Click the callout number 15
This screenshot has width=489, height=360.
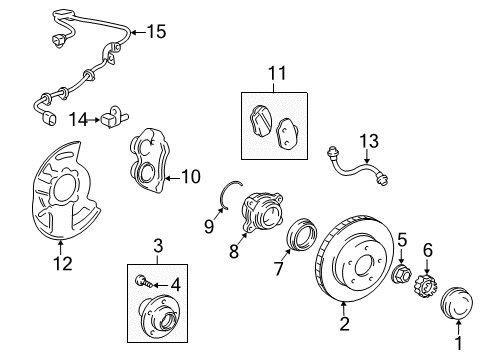click(155, 31)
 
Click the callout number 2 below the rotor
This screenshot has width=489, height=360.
click(344, 323)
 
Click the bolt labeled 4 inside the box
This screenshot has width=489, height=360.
click(145, 284)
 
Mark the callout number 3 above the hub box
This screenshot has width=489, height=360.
click(157, 245)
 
